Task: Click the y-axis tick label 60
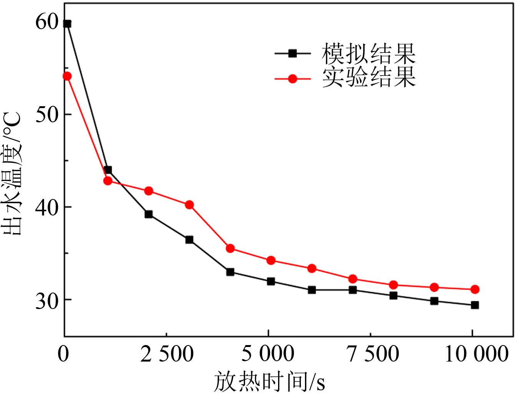click(x=47, y=21)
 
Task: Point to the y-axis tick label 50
click(x=47, y=114)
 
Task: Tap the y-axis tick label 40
click(x=47, y=207)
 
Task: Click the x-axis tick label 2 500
click(x=167, y=354)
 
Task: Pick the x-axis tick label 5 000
click(x=268, y=354)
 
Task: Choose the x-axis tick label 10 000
click(x=476, y=354)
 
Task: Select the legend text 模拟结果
click(x=368, y=53)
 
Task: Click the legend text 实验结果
click(x=368, y=78)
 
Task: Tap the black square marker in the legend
click(x=293, y=53)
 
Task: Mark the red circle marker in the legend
click(x=293, y=79)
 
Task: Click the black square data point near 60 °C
click(x=67, y=24)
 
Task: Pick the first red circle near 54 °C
click(x=67, y=76)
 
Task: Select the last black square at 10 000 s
click(x=475, y=305)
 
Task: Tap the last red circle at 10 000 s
click(x=475, y=289)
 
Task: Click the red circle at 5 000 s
click(x=271, y=260)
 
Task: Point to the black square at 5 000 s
click(x=271, y=281)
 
